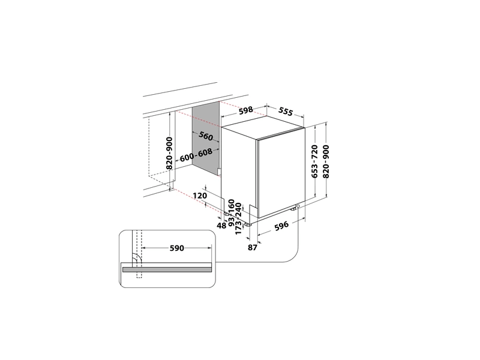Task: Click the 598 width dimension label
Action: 246,110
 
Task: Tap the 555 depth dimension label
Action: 286,112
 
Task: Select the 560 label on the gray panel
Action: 206,136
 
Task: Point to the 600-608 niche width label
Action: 196,155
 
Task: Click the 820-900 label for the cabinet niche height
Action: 169,153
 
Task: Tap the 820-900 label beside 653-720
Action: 326,161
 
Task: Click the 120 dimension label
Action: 200,196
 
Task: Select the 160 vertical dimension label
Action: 232,206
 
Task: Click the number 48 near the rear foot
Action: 221,226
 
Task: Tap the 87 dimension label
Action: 252,247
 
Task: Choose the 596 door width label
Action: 281,226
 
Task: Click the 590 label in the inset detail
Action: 177,248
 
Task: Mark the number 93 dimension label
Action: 232,219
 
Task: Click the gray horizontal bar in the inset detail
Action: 167,269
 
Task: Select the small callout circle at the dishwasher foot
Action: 298,206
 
